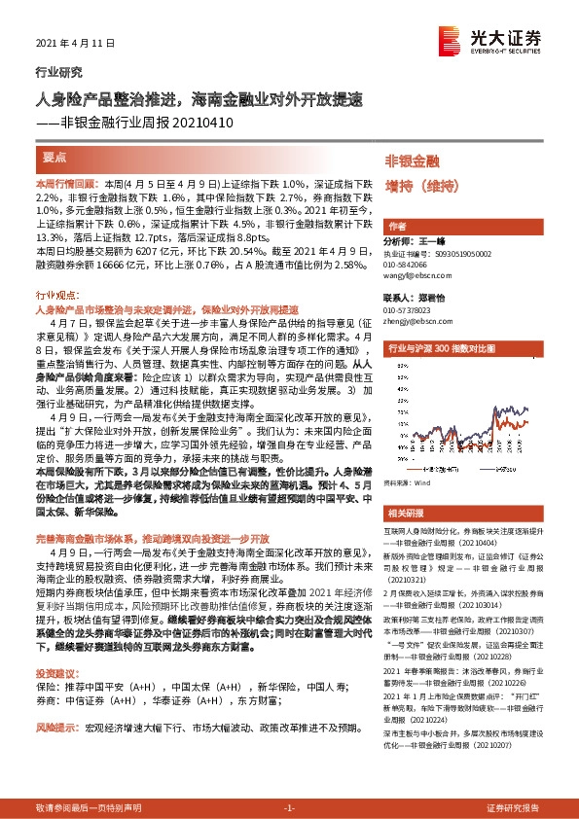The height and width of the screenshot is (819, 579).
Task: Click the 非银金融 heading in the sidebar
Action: [412, 160]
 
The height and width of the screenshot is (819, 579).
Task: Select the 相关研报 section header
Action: [405, 513]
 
